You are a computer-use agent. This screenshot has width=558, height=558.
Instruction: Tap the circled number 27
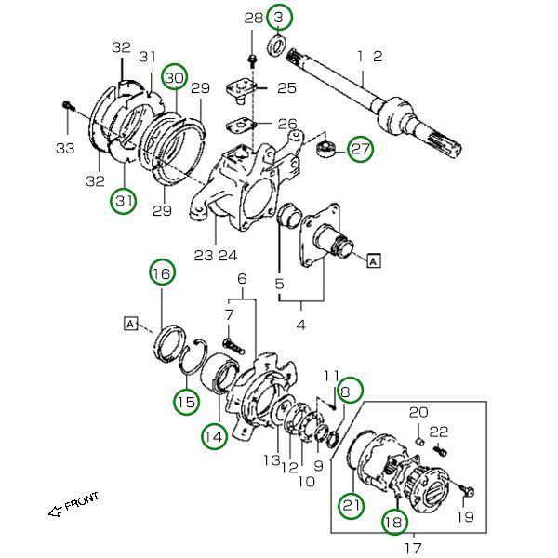[x=360, y=148]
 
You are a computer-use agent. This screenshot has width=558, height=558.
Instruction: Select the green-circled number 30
[x=175, y=77]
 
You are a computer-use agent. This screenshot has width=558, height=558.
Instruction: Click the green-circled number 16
[x=163, y=272]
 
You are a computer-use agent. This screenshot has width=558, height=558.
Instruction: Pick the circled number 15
[x=186, y=402]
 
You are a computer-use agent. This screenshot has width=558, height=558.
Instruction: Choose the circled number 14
[x=214, y=435]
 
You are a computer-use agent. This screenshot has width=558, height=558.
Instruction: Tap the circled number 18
[x=394, y=523]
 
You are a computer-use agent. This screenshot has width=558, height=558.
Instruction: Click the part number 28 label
[x=253, y=19]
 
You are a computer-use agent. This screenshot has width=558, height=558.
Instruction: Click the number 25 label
[x=286, y=88]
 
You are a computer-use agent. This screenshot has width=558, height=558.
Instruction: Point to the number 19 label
[x=465, y=516]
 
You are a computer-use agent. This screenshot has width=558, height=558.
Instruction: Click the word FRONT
[x=82, y=503]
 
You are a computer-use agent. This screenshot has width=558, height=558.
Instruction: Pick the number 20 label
[x=418, y=412]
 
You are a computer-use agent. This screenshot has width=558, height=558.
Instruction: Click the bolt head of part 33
[x=66, y=106]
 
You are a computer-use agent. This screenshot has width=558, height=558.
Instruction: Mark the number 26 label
[x=286, y=124]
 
